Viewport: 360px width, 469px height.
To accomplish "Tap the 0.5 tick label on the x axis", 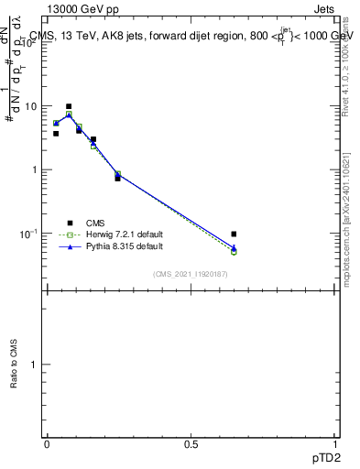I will point(191,442).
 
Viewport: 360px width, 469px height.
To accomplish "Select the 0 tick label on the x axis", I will point(47,442).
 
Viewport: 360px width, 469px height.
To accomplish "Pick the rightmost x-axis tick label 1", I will point(334,442).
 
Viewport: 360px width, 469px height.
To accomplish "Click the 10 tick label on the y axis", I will point(30,106).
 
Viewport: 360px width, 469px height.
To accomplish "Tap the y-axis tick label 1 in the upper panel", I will point(34,170).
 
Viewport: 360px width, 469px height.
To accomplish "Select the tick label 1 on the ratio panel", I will point(34,365).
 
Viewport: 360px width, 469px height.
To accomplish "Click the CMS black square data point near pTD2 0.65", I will point(234,234).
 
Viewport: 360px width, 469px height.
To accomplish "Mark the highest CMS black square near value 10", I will point(69,106).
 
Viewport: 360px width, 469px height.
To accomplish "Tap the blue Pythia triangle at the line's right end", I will point(234,247).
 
